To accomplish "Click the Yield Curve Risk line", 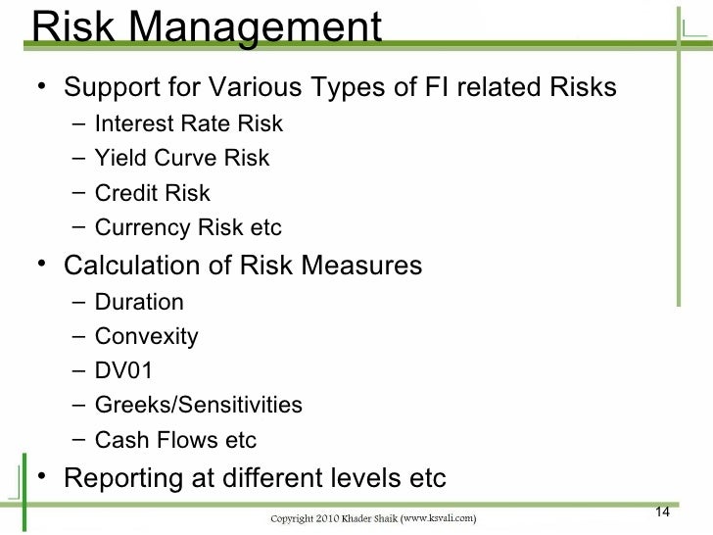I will point(182,159).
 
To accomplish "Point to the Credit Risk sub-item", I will point(153,194).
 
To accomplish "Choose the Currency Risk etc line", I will point(188,229).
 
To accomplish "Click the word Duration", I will point(139,302).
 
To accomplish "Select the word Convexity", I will point(147,337).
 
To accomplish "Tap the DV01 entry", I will point(124,371).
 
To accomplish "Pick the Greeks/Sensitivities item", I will point(199,406).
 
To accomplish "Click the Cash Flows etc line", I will point(175,441).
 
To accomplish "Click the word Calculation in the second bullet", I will point(134,266).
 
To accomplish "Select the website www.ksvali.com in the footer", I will point(438,516).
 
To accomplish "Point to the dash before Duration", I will point(78,301).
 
